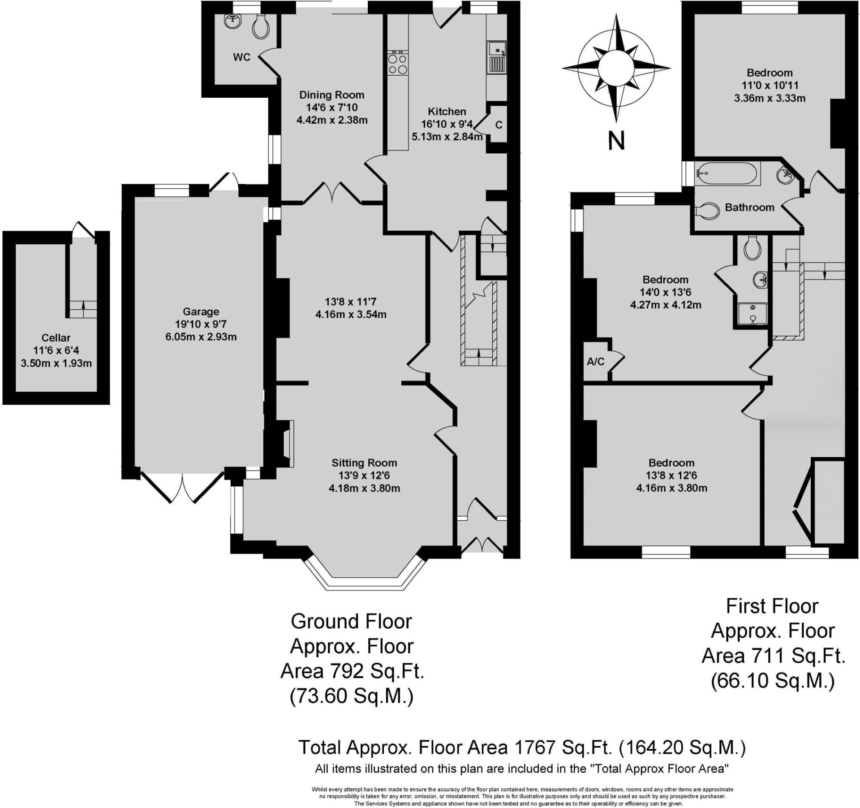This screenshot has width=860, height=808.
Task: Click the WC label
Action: pyautogui.click(x=241, y=57)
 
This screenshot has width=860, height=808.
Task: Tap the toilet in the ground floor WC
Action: pyautogui.click(x=261, y=26)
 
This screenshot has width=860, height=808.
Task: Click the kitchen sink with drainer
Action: pyautogui.click(x=497, y=56)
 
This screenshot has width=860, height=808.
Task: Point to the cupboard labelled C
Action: pyautogui.click(x=498, y=125)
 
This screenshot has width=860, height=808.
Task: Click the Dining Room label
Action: pyautogui.click(x=332, y=95)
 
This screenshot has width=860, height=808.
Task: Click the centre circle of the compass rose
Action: pyautogui.click(x=617, y=68)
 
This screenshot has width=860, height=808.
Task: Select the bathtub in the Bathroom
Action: pyautogui.click(x=726, y=173)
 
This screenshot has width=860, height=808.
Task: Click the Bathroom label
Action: pyautogui.click(x=749, y=207)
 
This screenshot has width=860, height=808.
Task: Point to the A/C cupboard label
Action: pyautogui.click(x=596, y=362)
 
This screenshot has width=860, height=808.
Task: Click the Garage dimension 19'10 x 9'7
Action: pyautogui.click(x=201, y=324)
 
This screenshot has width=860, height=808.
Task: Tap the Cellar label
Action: pyautogui.click(x=56, y=338)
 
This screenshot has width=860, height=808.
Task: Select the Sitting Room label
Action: pyautogui.click(x=364, y=463)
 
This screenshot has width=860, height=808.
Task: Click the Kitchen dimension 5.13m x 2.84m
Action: pyautogui.click(x=447, y=137)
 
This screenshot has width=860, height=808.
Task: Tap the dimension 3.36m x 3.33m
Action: pyautogui.click(x=770, y=98)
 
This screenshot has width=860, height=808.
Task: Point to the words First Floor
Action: pyautogui.click(x=772, y=606)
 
